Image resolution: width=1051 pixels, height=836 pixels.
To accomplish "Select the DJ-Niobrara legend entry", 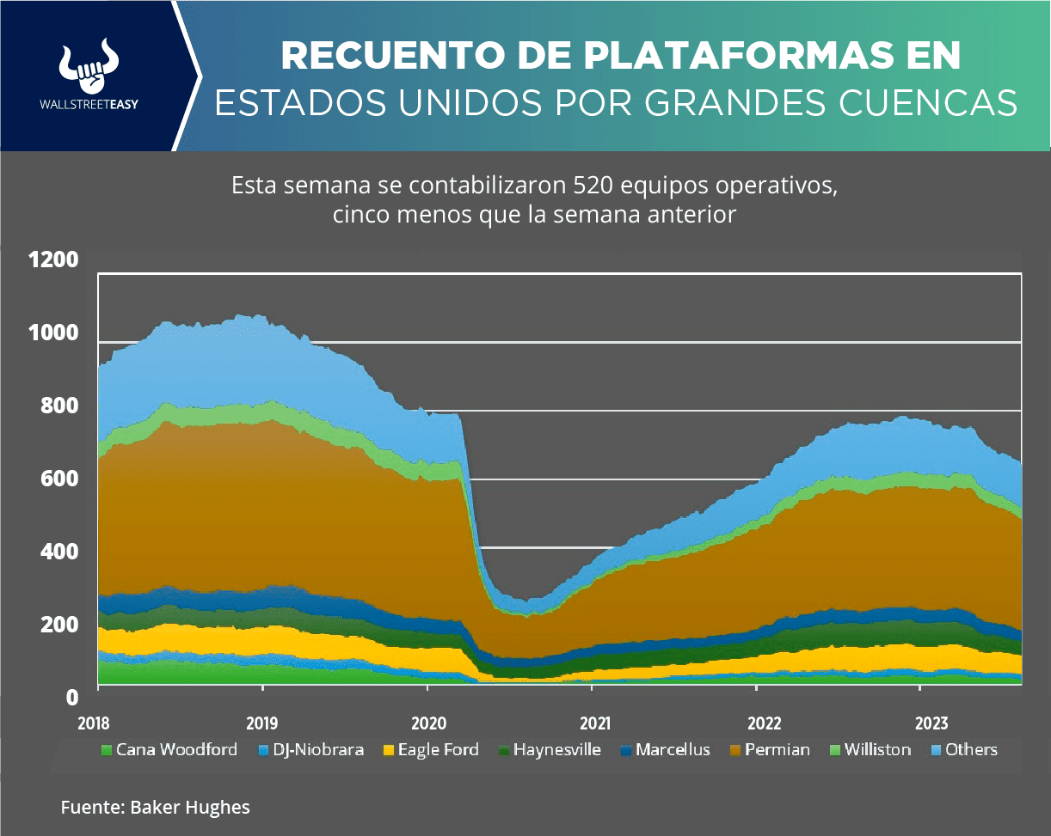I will [310, 749].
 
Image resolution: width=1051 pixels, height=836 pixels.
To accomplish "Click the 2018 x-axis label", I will [97, 724].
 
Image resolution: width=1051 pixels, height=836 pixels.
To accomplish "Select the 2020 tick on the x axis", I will [427, 724].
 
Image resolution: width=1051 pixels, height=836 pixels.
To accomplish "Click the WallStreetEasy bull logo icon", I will [89, 67].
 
